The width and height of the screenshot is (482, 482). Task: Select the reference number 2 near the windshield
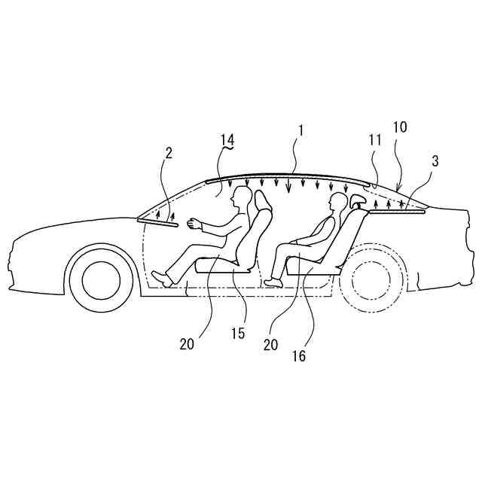[169, 152]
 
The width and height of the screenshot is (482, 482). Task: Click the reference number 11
[375, 140]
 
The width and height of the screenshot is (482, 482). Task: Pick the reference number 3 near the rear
[435, 160]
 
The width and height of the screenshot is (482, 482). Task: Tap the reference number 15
[238, 333]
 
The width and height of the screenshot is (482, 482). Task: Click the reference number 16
[300, 356]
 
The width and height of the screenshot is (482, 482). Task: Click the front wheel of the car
[102, 280]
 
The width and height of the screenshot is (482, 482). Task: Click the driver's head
[242, 198]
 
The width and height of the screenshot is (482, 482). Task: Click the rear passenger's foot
[272, 282]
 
